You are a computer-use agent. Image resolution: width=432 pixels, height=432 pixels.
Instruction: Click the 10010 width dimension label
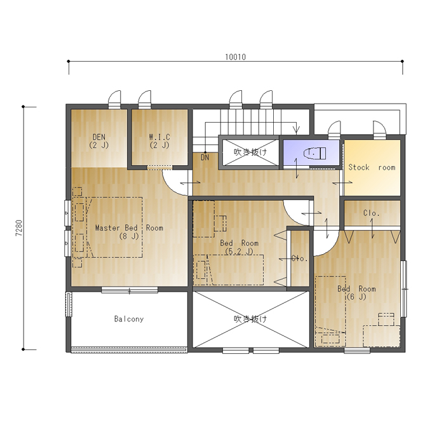coord(236,57)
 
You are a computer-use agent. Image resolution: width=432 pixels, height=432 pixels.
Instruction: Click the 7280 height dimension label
coord(19,228)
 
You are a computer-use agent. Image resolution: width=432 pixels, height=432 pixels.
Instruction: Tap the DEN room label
coord(99,141)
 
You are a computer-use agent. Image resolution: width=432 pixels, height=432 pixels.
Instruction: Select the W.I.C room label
coord(159,141)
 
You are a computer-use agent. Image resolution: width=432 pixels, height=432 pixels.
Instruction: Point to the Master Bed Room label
coord(129,232)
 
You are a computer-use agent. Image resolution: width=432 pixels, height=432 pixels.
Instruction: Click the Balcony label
coord(129,319)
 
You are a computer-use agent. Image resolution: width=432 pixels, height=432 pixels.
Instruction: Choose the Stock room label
coord(372,167)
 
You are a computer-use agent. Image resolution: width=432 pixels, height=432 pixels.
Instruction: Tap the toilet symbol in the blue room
coord(315,153)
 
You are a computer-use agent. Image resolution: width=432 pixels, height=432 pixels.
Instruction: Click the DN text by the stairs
coord(205,158)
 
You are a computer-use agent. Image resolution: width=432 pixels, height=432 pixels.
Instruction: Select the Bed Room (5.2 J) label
coord(239,247)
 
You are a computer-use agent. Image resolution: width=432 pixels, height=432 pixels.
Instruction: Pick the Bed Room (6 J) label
coord(356,293)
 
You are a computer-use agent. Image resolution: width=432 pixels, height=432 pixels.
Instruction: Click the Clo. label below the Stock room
coord(372,213)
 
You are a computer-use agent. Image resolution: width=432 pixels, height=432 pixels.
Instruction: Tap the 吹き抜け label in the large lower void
coord(250,319)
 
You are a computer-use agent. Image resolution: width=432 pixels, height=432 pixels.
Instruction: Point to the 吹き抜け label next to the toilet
coord(250,152)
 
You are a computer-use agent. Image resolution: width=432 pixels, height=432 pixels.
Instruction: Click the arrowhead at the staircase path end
coord(297,129)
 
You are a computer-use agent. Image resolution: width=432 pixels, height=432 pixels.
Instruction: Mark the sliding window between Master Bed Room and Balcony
coord(130,290)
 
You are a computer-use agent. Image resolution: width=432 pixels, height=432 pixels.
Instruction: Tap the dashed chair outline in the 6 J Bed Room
coord(386,319)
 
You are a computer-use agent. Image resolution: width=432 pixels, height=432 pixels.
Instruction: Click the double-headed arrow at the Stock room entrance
coord(342,182)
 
